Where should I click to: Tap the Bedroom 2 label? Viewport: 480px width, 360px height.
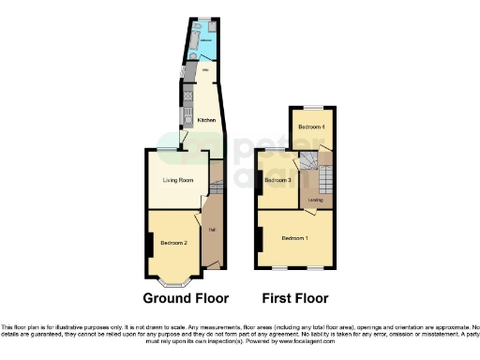(x=174, y=243)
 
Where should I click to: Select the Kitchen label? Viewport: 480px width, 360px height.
(x=206, y=120)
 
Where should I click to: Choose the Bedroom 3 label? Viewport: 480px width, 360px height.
(x=277, y=180)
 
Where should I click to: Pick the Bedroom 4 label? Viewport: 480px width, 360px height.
(x=312, y=126)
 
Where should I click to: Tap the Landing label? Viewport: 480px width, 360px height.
(x=316, y=200)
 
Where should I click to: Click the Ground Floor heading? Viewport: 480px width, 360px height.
(x=186, y=299)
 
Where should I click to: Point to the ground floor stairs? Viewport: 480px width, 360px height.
(x=215, y=175)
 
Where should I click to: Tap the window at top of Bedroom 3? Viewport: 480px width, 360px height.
(x=275, y=151)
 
